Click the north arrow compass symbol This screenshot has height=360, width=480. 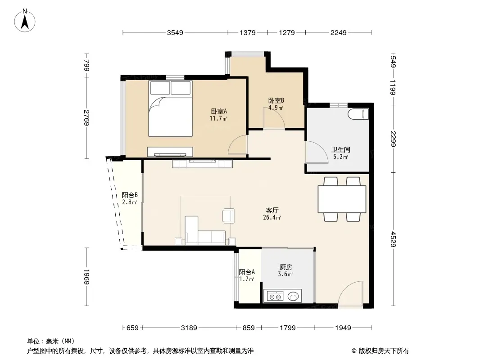pyautogui.click(x=25, y=21)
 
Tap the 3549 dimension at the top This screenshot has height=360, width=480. pyautogui.click(x=175, y=32)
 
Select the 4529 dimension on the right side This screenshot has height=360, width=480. pyautogui.click(x=394, y=239)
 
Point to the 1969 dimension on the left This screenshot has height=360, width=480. pyautogui.click(x=87, y=277)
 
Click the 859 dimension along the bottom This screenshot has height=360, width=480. pyautogui.click(x=249, y=328)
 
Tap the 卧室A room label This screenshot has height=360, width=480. pyautogui.click(x=218, y=111)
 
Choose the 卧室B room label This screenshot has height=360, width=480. pyautogui.click(x=276, y=100)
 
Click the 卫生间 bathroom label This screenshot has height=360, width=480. pyautogui.click(x=341, y=149)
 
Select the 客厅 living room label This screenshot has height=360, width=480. pyautogui.click(x=272, y=211)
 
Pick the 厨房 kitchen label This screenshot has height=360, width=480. pyautogui.click(x=285, y=267)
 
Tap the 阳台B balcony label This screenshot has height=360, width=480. pyautogui.click(x=130, y=195)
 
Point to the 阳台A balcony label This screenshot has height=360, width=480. pyautogui.click(x=247, y=272)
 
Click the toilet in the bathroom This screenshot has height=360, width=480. pyautogui.click(x=358, y=114)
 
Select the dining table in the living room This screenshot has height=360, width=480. pyautogui.click(x=342, y=199)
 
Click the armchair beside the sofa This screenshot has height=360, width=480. pyautogui.click(x=228, y=216)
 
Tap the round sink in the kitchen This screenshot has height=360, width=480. pyautogui.click(x=293, y=297)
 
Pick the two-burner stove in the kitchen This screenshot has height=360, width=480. pyautogui.click(x=275, y=297)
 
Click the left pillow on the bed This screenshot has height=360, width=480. pyautogui.click(x=160, y=88)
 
